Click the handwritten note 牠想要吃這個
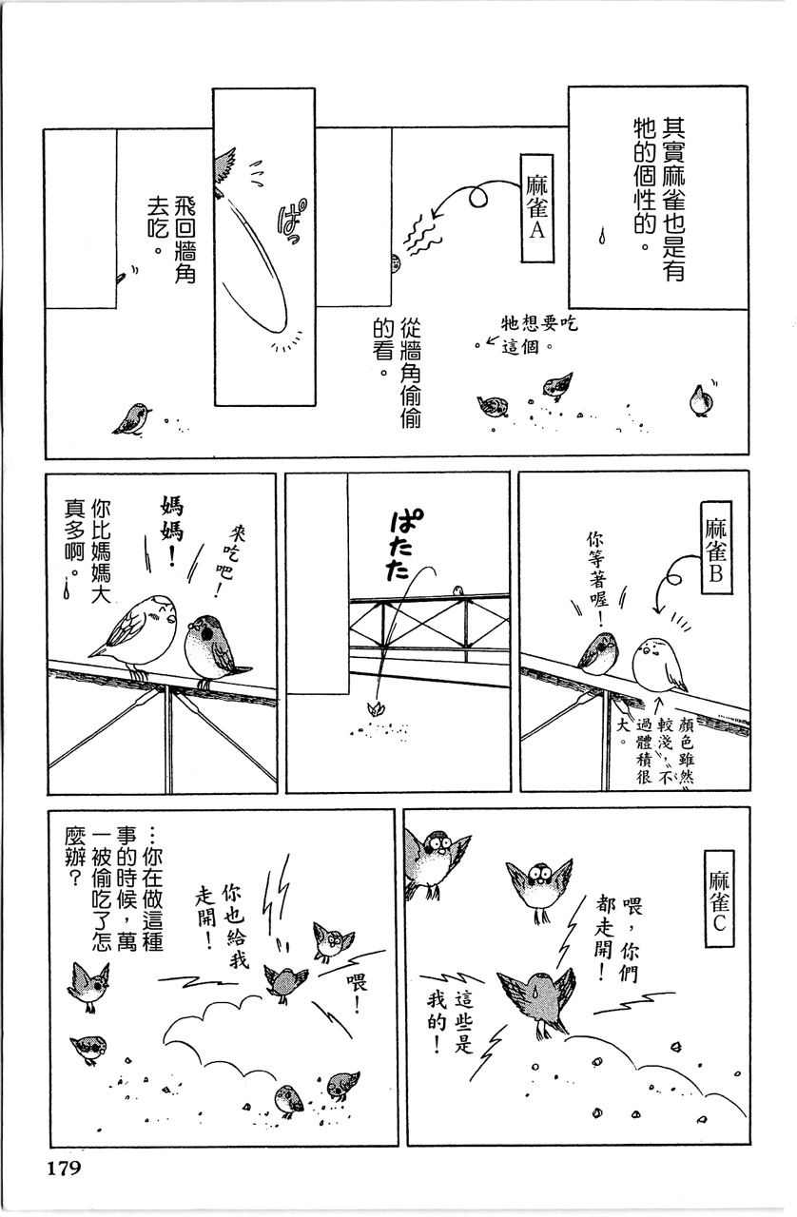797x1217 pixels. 538,335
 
